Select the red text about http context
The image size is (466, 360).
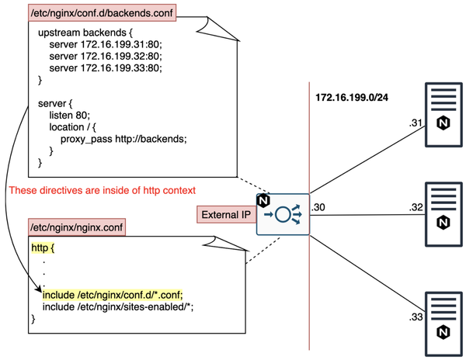101,190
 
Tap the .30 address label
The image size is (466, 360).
318,208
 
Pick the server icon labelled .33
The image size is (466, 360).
441,321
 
